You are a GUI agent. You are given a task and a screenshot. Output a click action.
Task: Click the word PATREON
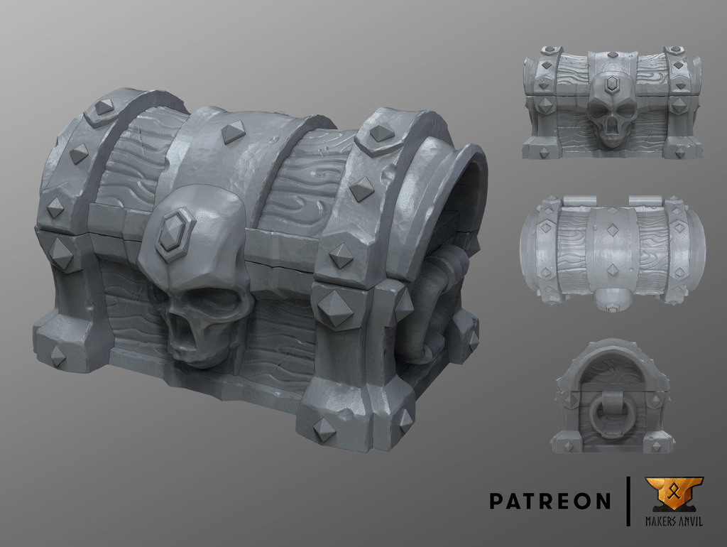pos(550,501)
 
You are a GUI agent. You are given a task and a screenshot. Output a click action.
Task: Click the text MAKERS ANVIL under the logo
pos(674,521)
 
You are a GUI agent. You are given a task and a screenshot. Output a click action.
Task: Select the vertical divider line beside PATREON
pos(629,501)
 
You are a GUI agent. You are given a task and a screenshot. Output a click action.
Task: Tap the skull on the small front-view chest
pos(611,109)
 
